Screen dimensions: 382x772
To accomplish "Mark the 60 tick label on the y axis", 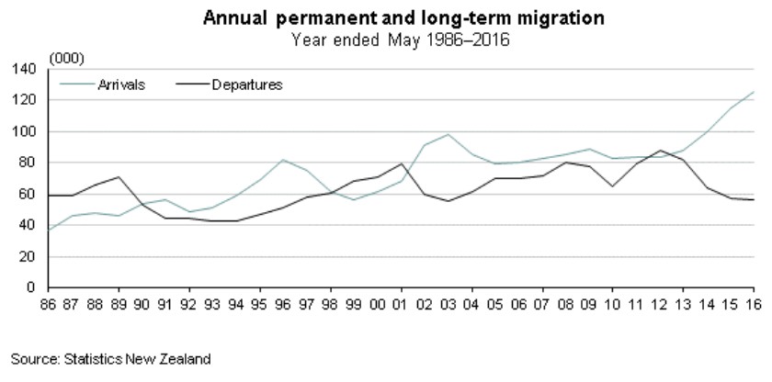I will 27,195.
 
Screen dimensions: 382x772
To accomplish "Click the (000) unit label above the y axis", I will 66,58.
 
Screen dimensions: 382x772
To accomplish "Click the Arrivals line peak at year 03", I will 448,134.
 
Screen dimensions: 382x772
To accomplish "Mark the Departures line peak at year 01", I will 401,163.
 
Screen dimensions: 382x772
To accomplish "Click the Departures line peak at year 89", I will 118,176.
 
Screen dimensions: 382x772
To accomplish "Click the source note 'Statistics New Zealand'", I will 111,359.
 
